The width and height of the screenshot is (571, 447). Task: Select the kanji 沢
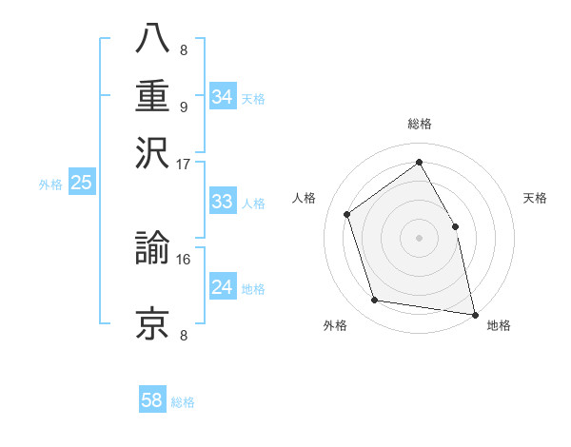(x=152, y=152)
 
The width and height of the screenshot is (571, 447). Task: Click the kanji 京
(x=152, y=323)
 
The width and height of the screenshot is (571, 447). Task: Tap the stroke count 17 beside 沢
(x=184, y=164)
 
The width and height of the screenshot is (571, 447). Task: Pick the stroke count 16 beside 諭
(x=184, y=259)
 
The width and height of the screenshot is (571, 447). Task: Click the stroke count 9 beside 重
(x=184, y=107)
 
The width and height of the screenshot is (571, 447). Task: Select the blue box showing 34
(x=222, y=97)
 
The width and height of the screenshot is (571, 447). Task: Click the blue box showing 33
(x=222, y=202)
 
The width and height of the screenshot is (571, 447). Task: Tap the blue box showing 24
(x=222, y=287)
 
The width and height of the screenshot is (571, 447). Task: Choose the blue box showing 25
(x=81, y=184)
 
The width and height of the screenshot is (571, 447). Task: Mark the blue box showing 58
(x=151, y=400)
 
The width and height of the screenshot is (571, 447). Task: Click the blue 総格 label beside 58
(x=183, y=402)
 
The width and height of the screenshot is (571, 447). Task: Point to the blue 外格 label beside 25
(x=49, y=185)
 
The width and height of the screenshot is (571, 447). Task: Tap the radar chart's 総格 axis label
(x=420, y=124)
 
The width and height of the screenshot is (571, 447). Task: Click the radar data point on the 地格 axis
(x=474, y=314)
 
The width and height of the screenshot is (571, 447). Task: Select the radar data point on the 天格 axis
(x=455, y=226)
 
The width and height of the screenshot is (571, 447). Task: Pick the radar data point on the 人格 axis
(x=347, y=214)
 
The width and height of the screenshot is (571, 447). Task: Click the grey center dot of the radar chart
(x=420, y=238)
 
